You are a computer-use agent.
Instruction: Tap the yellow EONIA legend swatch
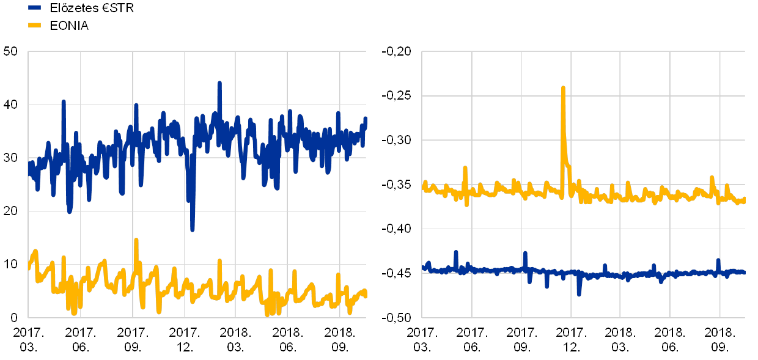click(x=35, y=26)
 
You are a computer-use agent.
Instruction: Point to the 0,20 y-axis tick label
click(x=399, y=52)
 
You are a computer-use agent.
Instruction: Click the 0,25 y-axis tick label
click(x=399, y=96)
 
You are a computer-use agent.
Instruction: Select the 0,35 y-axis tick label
click(x=399, y=185)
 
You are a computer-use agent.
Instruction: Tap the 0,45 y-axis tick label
click(x=399, y=273)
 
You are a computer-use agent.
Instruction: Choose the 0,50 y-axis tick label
click(x=399, y=317)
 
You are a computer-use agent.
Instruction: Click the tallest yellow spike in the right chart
click(x=563, y=88)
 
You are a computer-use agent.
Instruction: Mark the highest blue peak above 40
click(x=219, y=83)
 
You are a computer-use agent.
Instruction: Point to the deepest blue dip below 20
click(x=193, y=230)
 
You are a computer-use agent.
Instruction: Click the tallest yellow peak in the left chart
click(x=136, y=240)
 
